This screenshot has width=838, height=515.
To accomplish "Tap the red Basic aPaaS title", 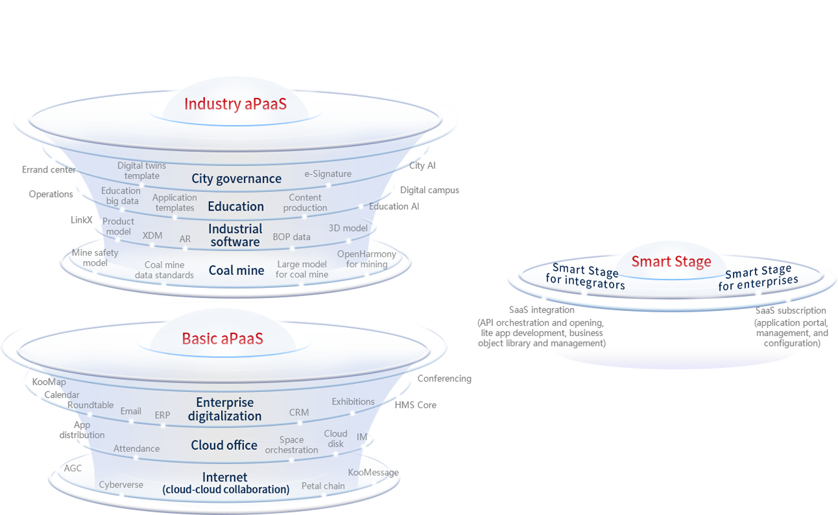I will (x=222, y=339).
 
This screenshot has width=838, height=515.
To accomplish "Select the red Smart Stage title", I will (x=671, y=261).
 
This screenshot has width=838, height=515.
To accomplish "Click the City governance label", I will (x=237, y=179).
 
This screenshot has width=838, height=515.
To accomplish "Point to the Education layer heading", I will (x=236, y=207).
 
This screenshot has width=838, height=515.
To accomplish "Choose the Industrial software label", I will (x=235, y=236).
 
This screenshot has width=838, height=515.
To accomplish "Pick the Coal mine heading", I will (x=237, y=270).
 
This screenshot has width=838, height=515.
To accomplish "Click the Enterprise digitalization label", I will (x=225, y=409).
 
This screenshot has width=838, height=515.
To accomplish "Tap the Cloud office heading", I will (x=224, y=445).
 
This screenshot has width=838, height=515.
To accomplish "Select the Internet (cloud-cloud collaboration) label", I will (x=225, y=483).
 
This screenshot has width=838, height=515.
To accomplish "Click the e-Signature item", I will (x=328, y=174).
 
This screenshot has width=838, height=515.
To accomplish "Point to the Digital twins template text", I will (x=142, y=171).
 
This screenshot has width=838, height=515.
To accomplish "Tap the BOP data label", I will (x=291, y=237).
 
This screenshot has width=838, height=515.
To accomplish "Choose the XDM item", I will (x=153, y=236).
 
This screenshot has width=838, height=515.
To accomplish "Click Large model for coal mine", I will (x=302, y=269).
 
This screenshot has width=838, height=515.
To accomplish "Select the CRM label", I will (x=299, y=412).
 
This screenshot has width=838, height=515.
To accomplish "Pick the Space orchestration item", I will (x=291, y=445).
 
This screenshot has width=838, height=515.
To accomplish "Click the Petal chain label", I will (x=323, y=486).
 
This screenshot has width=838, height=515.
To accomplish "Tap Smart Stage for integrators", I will (x=585, y=277).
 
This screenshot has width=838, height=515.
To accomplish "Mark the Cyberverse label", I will (x=121, y=485).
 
